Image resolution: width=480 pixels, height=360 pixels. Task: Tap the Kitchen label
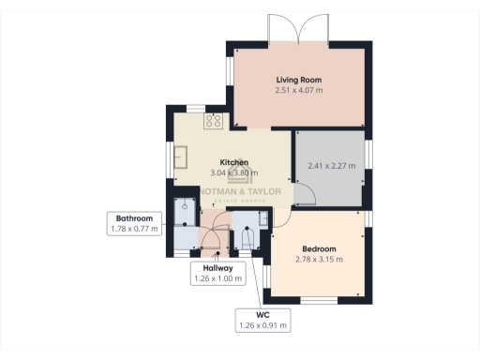pos(233,161)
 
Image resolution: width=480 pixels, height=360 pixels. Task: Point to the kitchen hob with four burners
pos(213,121)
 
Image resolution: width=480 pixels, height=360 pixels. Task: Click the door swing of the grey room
pos(305,195)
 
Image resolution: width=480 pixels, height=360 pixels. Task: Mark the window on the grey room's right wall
pos(368,156)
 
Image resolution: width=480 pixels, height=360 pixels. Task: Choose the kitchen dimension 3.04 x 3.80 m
pos(233,172)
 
